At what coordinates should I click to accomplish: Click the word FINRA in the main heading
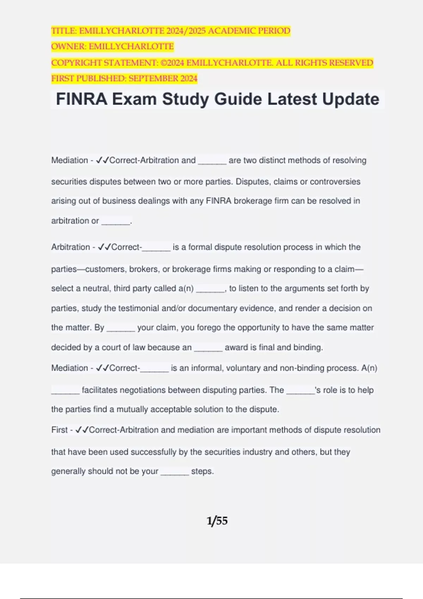[81, 99]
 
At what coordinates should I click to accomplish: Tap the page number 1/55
[217, 521]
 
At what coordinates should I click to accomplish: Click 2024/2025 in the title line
[186, 31]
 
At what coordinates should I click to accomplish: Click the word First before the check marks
[59, 430]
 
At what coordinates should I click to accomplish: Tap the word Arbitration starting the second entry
[70, 247]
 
